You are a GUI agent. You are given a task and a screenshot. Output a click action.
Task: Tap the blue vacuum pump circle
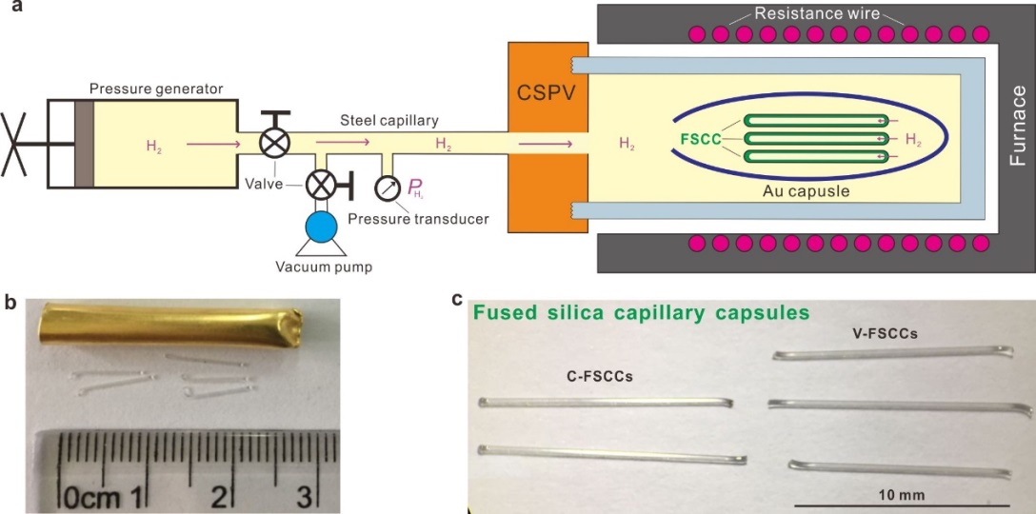[321, 225]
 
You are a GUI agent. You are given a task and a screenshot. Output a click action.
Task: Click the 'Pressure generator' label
[156, 89]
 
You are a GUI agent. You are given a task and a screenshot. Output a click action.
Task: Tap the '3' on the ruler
[303, 495]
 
